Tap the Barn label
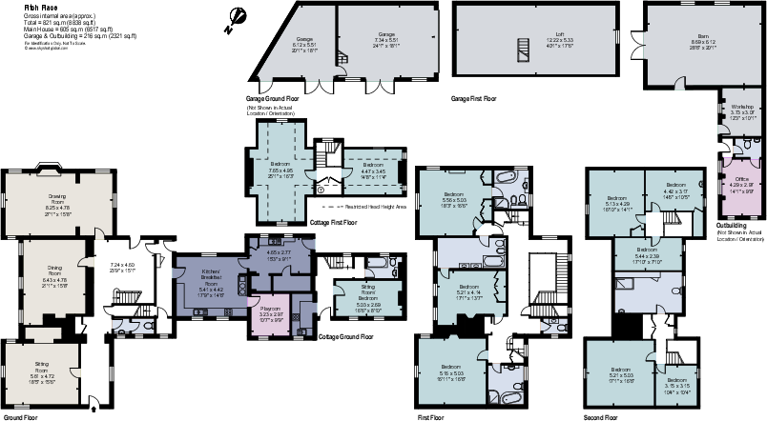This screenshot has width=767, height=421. [x=702, y=41]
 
